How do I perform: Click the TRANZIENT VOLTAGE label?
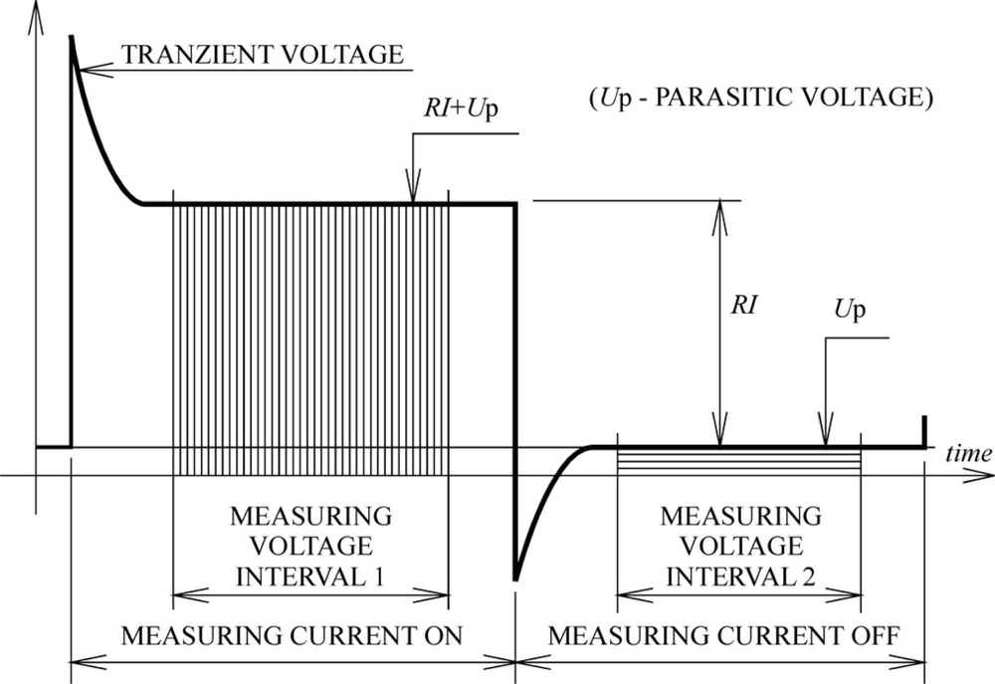262,55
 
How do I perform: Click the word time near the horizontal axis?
968,454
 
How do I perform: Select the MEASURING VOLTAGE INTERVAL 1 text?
310,546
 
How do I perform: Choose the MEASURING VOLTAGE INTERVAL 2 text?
740,546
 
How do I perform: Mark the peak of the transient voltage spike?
71,36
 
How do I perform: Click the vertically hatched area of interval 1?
310,339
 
